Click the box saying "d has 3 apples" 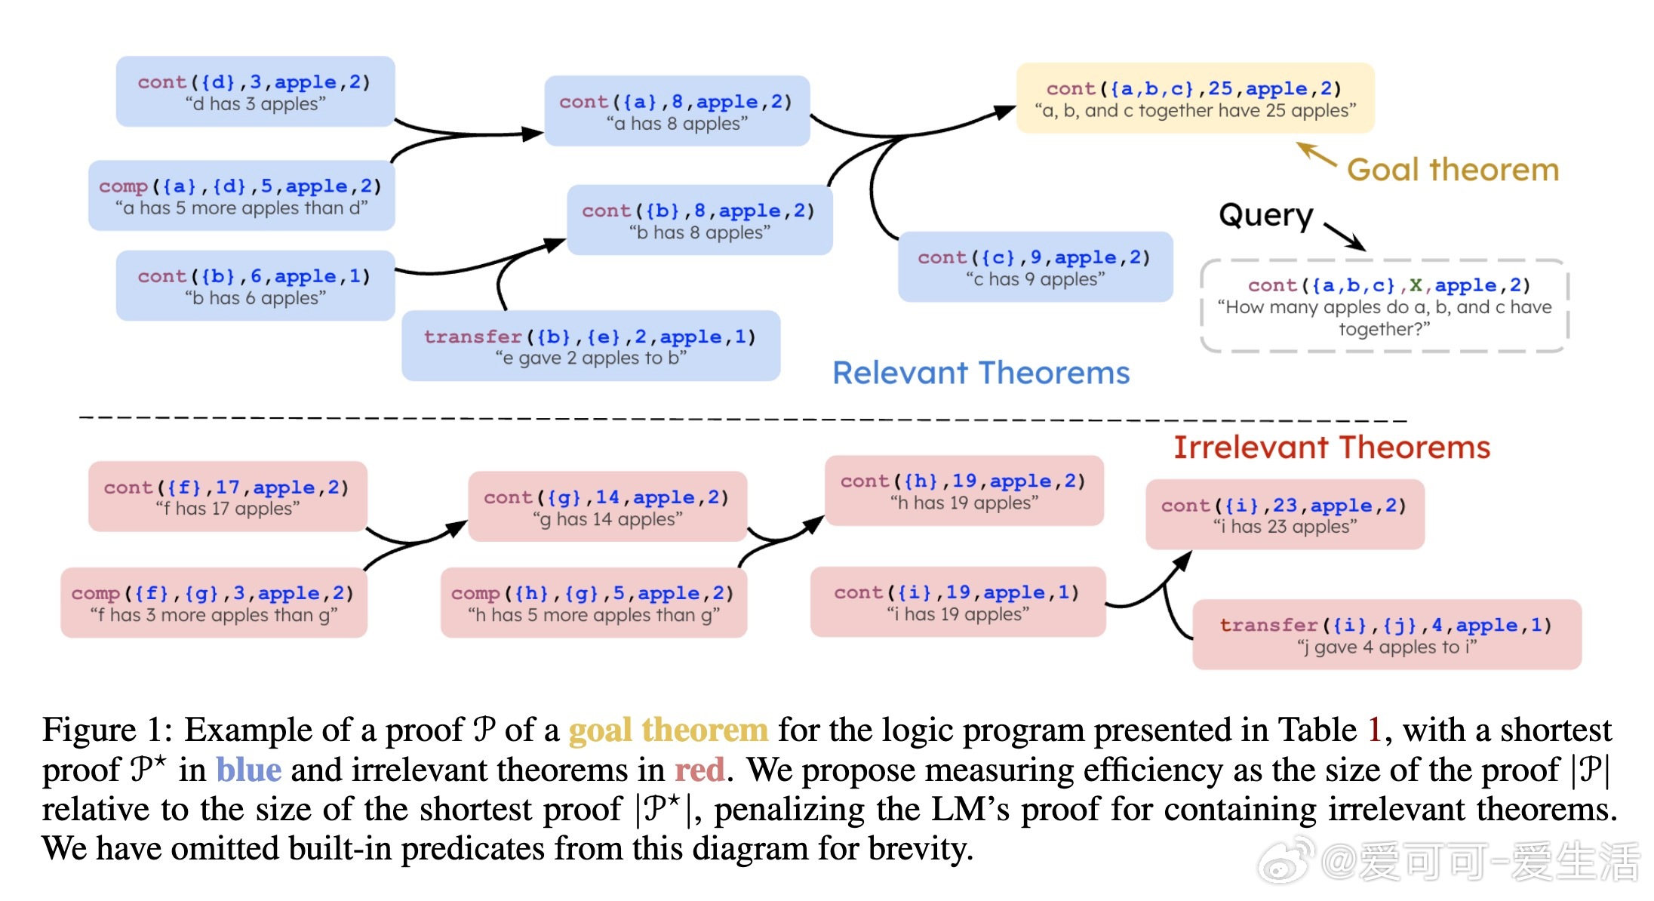[255, 92]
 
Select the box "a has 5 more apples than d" [241, 196]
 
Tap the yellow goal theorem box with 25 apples [1194, 99]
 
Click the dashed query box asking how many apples [1384, 306]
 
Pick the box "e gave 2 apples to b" [590, 346]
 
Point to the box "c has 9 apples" [1035, 268]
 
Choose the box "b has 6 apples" [255, 287]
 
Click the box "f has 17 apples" [227, 497]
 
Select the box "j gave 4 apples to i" [1386, 635]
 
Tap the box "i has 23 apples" [1284, 515]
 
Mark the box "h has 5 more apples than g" [593, 604]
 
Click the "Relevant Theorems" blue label [980, 373]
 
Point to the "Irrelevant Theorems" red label [1331, 447]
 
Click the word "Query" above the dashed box [1265, 216]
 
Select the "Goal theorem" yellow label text [1453, 170]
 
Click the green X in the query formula [1416, 285]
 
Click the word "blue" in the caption [248, 770]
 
